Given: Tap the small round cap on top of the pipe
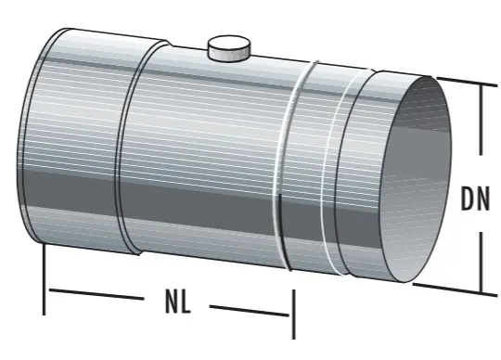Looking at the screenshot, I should click(228, 49).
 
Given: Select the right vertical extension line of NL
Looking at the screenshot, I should click(293, 311).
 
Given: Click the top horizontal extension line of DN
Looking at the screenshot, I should click(462, 81).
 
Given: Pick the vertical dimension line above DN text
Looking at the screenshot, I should click(481, 121).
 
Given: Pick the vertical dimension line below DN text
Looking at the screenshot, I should click(481, 260).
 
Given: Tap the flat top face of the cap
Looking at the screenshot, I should click(228, 43).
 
